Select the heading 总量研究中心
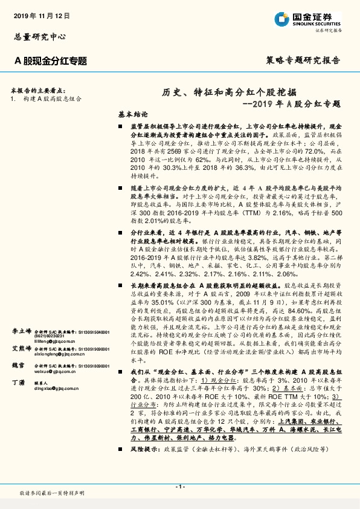click(x=38, y=36)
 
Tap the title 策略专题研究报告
click(x=303, y=60)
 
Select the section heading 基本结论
click(x=132, y=114)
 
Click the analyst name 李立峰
click(x=22, y=332)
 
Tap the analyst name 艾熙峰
click(x=22, y=349)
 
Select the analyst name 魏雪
click(x=19, y=366)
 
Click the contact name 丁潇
click(x=18, y=383)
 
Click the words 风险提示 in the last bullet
click(x=143, y=450)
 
